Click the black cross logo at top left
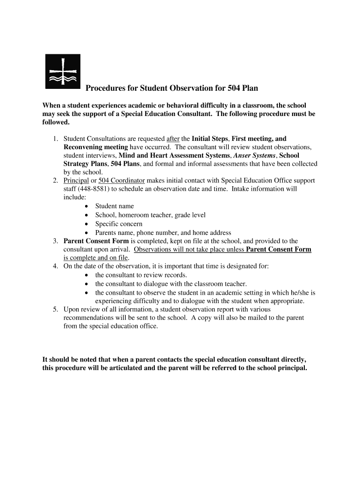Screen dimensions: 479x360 (x=63, y=71)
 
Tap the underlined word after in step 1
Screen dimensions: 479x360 (x=173, y=139)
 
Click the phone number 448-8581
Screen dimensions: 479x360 (x=94, y=189)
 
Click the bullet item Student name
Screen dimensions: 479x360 (x=115, y=206)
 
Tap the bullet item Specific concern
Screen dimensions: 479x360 (x=119, y=224)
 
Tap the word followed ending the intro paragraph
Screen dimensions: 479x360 (x=56, y=123)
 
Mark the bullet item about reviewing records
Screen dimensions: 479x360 (x=141, y=275)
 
